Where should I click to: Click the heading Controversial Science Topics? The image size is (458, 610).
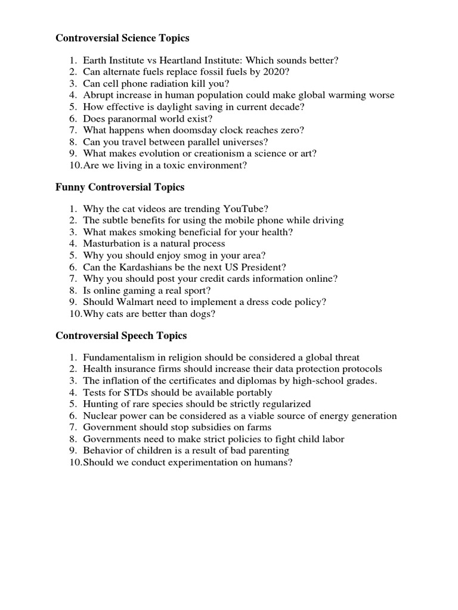122,38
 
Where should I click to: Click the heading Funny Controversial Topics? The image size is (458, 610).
120,187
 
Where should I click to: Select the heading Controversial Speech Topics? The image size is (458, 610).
121,335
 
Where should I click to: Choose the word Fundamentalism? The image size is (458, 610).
117,357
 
